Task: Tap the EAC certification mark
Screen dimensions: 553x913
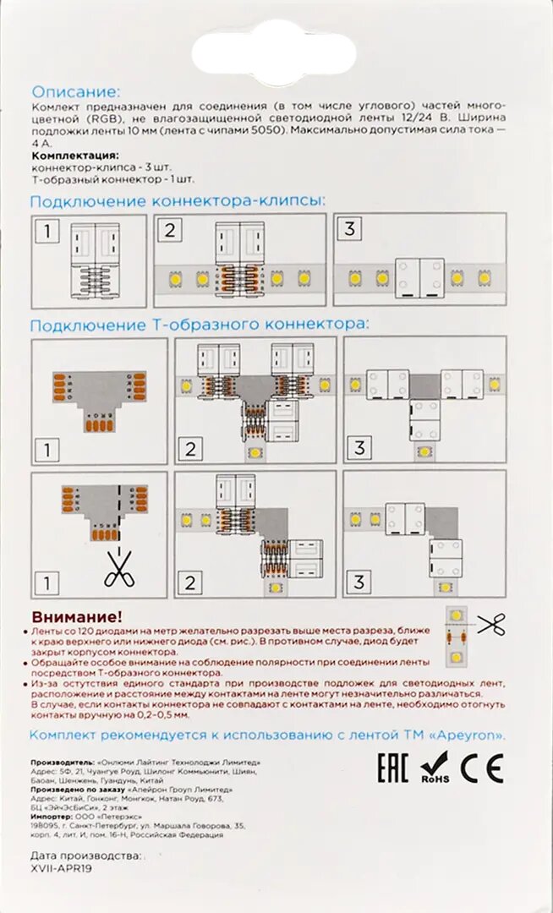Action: [x=391, y=768]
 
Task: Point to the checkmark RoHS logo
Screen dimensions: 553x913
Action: [x=436, y=768]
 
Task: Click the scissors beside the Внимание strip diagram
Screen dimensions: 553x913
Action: [x=490, y=625]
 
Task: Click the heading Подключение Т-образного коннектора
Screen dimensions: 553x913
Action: [x=200, y=324]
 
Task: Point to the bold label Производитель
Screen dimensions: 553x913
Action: [x=62, y=762]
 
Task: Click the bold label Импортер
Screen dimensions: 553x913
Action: [x=52, y=818]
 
